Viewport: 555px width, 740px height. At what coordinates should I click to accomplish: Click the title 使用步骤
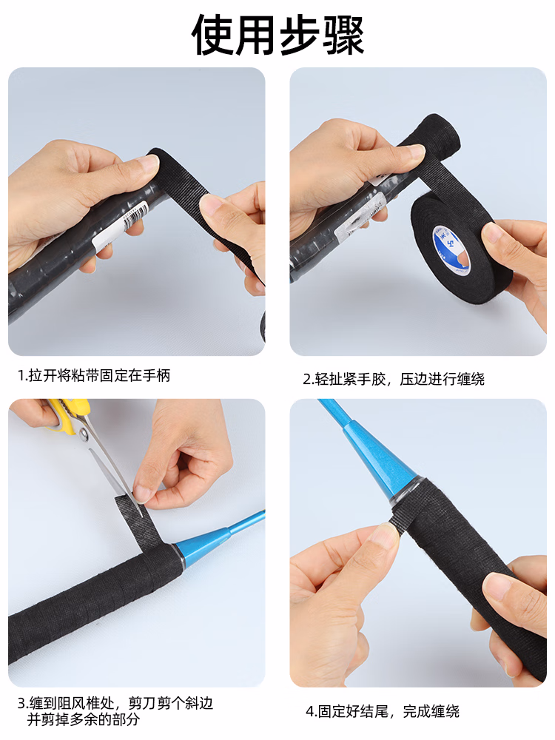coord(277,35)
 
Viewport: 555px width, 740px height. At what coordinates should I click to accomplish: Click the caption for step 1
coord(94,376)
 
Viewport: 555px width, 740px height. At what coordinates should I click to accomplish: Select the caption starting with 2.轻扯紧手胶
coord(394,379)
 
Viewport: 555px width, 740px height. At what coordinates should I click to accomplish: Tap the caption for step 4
coord(383,711)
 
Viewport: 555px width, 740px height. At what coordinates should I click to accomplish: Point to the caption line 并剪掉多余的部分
coord(84,719)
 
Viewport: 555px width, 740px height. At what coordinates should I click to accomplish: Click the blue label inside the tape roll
coord(451,248)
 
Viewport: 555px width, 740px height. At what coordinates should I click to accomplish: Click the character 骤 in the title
coord(343,35)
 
